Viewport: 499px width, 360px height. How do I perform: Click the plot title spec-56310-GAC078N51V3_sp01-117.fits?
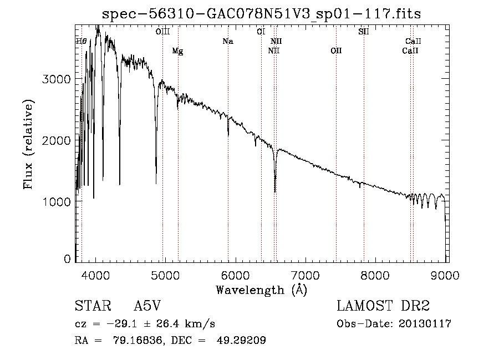[261, 14]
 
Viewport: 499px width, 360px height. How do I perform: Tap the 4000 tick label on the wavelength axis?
[95, 275]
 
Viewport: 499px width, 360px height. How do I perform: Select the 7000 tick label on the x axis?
[305, 275]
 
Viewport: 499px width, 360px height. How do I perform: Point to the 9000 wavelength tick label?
[445, 275]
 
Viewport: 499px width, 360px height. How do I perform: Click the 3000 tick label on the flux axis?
[56, 79]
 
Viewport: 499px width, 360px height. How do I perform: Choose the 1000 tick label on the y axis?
[56, 201]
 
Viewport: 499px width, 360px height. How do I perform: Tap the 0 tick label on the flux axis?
[67, 259]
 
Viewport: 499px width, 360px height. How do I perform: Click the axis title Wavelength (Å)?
[262, 290]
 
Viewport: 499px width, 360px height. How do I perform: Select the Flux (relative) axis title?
[28, 145]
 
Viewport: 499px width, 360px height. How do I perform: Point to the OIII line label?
[162, 32]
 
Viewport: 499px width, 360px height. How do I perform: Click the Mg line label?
[177, 51]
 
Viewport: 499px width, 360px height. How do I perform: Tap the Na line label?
[228, 41]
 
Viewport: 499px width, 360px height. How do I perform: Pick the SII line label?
[363, 32]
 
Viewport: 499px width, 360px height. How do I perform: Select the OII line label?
[336, 50]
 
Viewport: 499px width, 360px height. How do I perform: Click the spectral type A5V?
[147, 306]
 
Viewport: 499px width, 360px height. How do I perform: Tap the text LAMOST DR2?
[383, 306]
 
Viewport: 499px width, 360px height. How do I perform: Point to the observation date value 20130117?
[425, 324]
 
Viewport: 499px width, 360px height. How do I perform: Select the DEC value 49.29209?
[241, 340]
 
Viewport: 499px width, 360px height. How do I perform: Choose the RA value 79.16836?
[138, 340]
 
